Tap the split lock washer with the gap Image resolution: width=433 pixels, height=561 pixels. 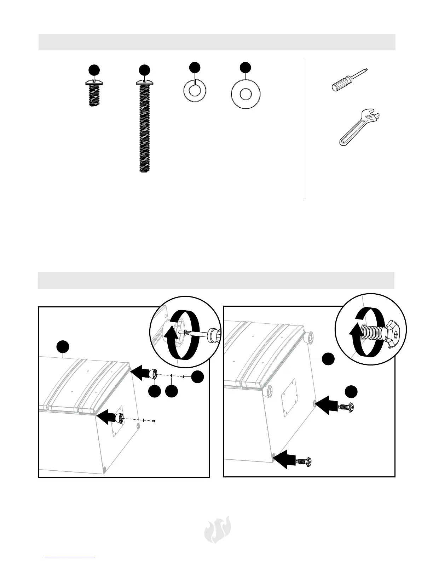point(194,90)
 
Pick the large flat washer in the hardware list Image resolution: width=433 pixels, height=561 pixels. point(246,95)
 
